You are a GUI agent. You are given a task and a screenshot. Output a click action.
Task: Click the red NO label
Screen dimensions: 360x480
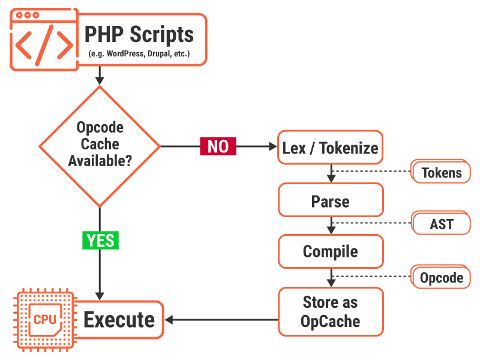218,146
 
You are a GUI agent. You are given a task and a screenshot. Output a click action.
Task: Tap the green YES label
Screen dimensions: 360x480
100,240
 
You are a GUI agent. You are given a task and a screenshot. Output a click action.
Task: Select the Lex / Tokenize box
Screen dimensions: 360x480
330,147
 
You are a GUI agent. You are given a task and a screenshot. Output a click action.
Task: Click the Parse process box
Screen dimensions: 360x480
330,200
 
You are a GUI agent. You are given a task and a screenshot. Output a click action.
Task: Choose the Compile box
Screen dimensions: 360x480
330,251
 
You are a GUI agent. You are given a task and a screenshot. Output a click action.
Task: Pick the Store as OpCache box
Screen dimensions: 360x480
330,311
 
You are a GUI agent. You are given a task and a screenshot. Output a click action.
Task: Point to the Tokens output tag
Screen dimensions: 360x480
442,173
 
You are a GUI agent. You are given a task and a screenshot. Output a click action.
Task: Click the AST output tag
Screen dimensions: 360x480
442,224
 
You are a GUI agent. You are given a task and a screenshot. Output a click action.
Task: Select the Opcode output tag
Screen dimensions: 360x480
442,278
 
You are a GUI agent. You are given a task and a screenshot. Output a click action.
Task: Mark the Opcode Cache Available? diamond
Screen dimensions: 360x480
100,146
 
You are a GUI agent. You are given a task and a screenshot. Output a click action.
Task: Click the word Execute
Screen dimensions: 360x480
119,320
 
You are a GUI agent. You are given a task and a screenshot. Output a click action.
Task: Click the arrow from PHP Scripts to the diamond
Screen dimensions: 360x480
100,75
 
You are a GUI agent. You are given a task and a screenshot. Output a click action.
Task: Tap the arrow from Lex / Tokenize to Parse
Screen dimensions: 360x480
330,174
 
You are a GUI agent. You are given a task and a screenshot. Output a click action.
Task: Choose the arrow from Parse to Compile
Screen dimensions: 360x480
330,226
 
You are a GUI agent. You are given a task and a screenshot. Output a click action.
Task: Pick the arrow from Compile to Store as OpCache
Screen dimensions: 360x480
330,277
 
